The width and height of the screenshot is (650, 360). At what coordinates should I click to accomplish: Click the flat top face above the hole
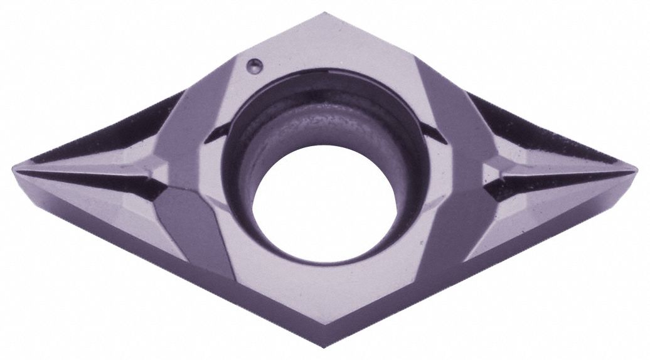point(326,44)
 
